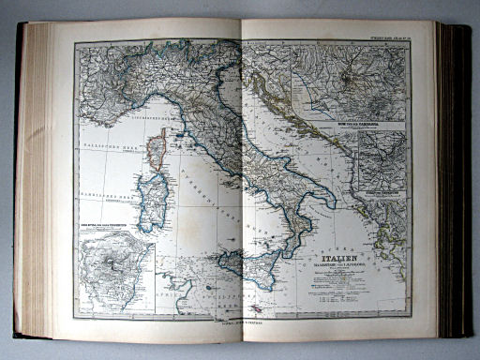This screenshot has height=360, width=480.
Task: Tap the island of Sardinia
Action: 151,201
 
